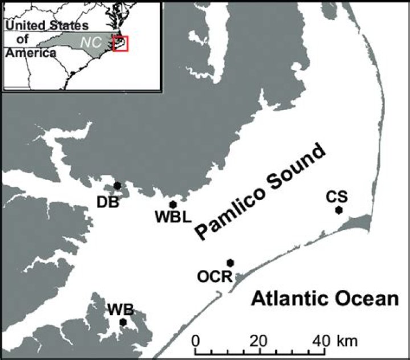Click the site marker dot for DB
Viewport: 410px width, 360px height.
click(117, 185)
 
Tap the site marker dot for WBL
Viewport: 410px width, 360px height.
click(173, 204)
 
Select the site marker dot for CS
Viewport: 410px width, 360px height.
click(339, 210)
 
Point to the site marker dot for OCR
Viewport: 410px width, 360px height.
click(230, 263)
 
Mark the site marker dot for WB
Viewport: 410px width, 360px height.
click(122, 322)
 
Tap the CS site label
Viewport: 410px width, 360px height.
click(337, 197)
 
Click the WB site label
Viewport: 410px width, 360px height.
click(121, 310)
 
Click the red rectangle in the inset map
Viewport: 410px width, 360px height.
click(121, 44)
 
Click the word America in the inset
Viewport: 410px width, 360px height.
click(31, 53)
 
